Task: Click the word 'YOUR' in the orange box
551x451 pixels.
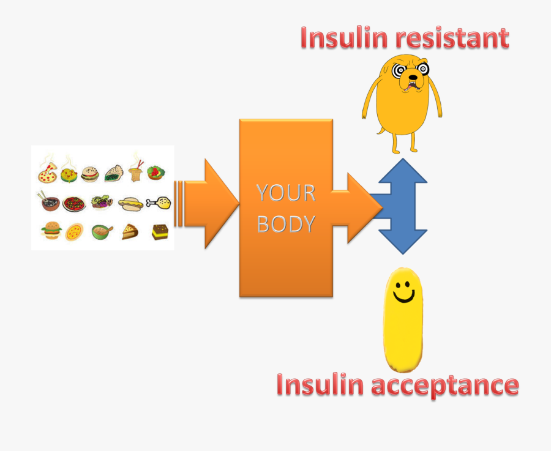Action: pos(285,193)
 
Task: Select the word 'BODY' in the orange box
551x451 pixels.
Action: pos(286,224)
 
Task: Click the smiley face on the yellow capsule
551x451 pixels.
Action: pos(403,292)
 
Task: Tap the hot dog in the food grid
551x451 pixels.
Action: pos(130,204)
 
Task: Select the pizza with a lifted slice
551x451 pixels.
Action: pos(48,174)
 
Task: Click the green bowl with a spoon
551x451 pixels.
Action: pos(102,231)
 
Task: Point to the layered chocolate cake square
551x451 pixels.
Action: pos(160,232)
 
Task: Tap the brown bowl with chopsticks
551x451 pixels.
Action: pos(50,202)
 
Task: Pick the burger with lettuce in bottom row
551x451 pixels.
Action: pos(51,231)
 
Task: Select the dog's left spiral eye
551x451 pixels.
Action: pos(399,69)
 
